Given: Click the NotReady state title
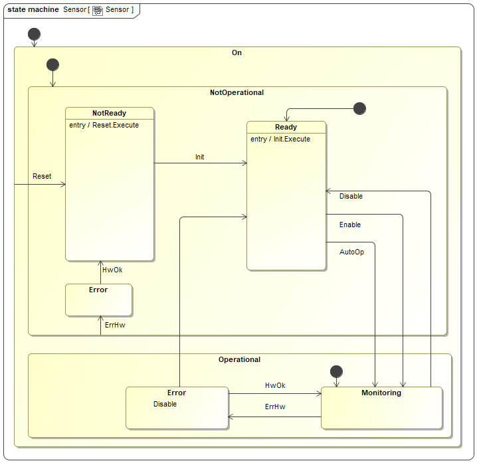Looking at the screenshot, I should [109, 113].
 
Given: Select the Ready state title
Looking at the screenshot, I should [286, 127].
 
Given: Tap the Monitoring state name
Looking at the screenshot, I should [381, 393].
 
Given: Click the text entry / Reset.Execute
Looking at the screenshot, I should [104, 125].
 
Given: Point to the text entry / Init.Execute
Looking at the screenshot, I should [280, 139].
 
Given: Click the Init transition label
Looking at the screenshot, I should [199, 157].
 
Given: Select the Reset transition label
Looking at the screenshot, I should [42, 176].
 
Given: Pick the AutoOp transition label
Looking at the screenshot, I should [351, 252].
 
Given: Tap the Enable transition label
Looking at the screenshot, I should [350, 225].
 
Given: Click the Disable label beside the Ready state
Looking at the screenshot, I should [351, 196].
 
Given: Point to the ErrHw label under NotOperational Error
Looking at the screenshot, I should [115, 325].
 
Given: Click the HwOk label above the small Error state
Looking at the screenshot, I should [112, 270].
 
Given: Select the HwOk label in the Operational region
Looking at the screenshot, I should [275, 385].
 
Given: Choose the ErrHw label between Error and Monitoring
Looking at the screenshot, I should [275, 407].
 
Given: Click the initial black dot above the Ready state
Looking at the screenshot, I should [359, 108].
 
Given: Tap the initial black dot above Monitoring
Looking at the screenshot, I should [336, 371].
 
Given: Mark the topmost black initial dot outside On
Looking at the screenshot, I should [34, 34].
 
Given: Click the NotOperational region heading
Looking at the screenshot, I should [237, 92].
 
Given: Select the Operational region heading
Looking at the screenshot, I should [239, 359].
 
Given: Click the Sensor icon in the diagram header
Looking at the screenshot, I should [98, 10].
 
